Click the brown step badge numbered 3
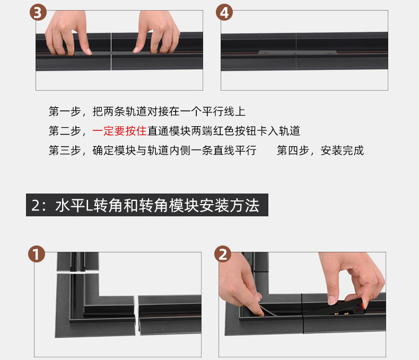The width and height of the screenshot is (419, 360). [38, 13]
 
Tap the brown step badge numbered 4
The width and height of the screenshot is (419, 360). [224, 12]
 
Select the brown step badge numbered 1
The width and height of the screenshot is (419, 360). [37, 254]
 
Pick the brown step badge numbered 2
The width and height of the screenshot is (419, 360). [223, 254]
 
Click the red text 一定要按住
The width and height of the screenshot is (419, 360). [119, 131]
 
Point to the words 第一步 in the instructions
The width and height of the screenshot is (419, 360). [65, 111]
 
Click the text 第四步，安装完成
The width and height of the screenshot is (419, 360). [320, 151]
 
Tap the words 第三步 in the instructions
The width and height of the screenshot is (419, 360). [65, 151]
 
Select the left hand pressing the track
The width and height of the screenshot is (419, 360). [68, 32]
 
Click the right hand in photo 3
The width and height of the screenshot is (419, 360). [158, 31]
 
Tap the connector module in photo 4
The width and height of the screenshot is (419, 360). [297, 52]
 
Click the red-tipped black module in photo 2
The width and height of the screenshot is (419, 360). [339, 306]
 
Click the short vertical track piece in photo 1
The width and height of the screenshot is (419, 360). [78, 262]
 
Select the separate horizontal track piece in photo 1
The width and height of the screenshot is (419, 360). [170, 314]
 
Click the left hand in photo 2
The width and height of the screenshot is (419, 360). [239, 286]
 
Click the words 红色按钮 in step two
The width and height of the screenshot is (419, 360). [234, 131]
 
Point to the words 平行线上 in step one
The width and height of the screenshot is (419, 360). [224, 111]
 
